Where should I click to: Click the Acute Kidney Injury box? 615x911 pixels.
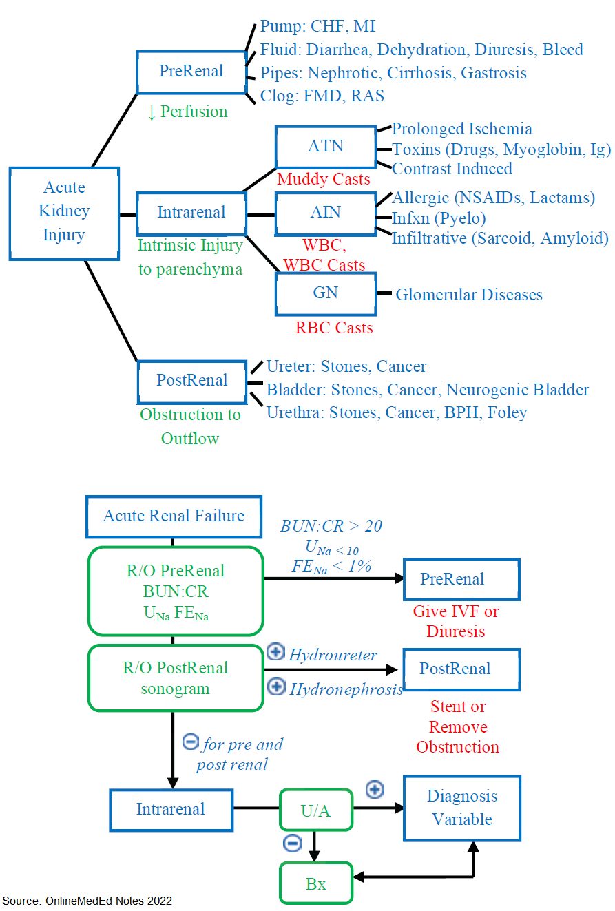pyautogui.click(x=64, y=213)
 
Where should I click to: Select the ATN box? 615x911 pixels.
pyautogui.click(x=326, y=147)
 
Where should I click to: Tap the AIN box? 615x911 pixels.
pyautogui.click(x=326, y=214)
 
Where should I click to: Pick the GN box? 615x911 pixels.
pyautogui.click(x=326, y=293)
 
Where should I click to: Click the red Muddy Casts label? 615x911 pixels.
pyautogui.click(x=324, y=179)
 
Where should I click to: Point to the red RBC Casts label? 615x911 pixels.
pyautogui.click(x=334, y=328)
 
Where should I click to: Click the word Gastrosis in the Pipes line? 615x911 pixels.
pyautogui.click(x=494, y=73)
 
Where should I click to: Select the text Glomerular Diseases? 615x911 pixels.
pyautogui.click(x=469, y=295)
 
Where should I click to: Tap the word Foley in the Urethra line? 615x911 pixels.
pyautogui.click(x=508, y=412)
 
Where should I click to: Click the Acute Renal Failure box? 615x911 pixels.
pyautogui.click(x=174, y=516)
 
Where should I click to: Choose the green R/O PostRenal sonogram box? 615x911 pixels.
pyautogui.click(x=176, y=678)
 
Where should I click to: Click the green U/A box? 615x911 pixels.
pyautogui.click(x=315, y=810)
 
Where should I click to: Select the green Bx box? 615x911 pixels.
pyautogui.click(x=315, y=883)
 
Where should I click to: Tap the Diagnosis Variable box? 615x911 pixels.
pyautogui.click(x=462, y=808)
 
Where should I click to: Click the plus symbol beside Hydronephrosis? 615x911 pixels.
pyautogui.click(x=277, y=687)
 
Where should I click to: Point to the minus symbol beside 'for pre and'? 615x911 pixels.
pyautogui.click(x=190, y=742)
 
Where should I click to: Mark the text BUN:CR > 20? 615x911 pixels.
pyautogui.click(x=331, y=526)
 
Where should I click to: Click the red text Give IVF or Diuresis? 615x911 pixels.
pyautogui.click(x=455, y=621)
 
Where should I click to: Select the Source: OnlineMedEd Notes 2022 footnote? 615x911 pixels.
pyautogui.click(x=87, y=901)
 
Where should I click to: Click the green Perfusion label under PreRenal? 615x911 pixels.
pyautogui.click(x=187, y=112)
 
